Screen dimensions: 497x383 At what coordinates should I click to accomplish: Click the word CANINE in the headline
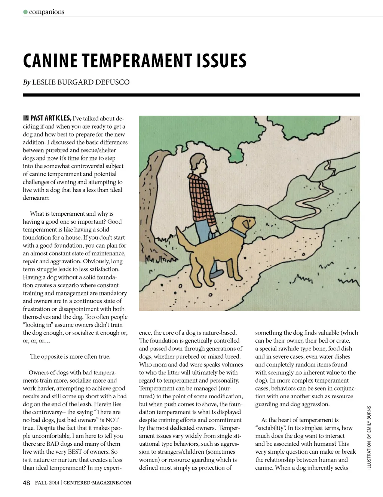tap(50, 61)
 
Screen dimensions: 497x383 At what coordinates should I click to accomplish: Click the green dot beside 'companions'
tap(25, 12)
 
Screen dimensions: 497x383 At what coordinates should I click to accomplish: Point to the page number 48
tap(26, 483)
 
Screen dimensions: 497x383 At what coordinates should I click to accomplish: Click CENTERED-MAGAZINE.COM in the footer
tap(97, 483)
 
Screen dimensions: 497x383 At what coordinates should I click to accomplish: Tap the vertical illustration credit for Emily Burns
tap(369, 438)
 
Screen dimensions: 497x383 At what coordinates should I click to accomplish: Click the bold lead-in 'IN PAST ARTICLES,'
tap(47, 118)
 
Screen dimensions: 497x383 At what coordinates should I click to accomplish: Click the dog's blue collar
tap(238, 233)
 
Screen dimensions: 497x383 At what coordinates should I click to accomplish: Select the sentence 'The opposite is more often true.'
tap(70, 357)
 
